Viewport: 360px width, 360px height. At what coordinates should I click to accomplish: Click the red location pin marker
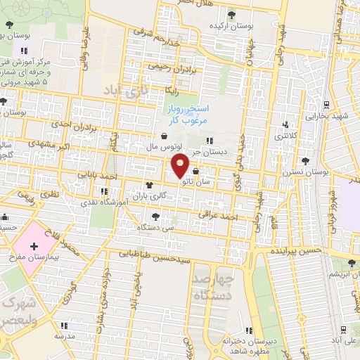tap(181, 166)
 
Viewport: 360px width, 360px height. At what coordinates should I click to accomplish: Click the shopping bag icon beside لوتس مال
tap(164, 136)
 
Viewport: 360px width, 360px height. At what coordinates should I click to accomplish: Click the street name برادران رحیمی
tap(169, 67)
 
